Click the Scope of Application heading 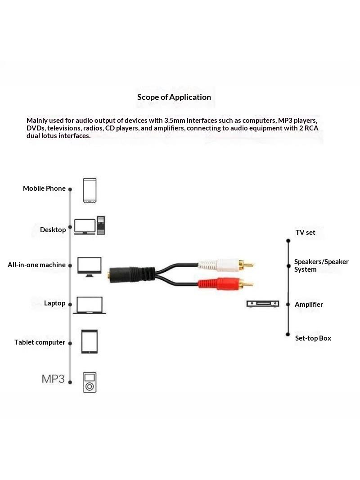pyautogui.click(x=174, y=97)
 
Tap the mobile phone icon pyautogui.click(x=90, y=190)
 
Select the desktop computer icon pyautogui.click(x=90, y=226)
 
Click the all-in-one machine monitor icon pyautogui.click(x=90, y=267)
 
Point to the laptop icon pyautogui.click(x=90, y=305)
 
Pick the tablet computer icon pyautogui.click(x=90, y=341)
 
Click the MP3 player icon pyautogui.click(x=90, y=382)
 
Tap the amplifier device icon pyautogui.click(x=263, y=304)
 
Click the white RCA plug pyautogui.click(x=226, y=265)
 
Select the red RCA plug pyautogui.click(x=226, y=284)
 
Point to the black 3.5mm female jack pyautogui.click(x=132, y=274)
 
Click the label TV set pyautogui.click(x=305, y=232)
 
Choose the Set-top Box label pyautogui.click(x=313, y=338)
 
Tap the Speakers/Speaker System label pyautogui.click(x=321, y=265)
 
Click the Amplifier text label pyautogui.click(x=309, y=304)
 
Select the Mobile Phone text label pyautogui.click(x=44, y=188)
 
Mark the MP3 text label pyautogui.click(x=53, y=379)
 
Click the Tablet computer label pyautogui.click(x=40, y=342)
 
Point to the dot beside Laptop pyautogui.click(x=70, y=304)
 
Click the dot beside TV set pyautogui.click(x=288, y=241)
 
